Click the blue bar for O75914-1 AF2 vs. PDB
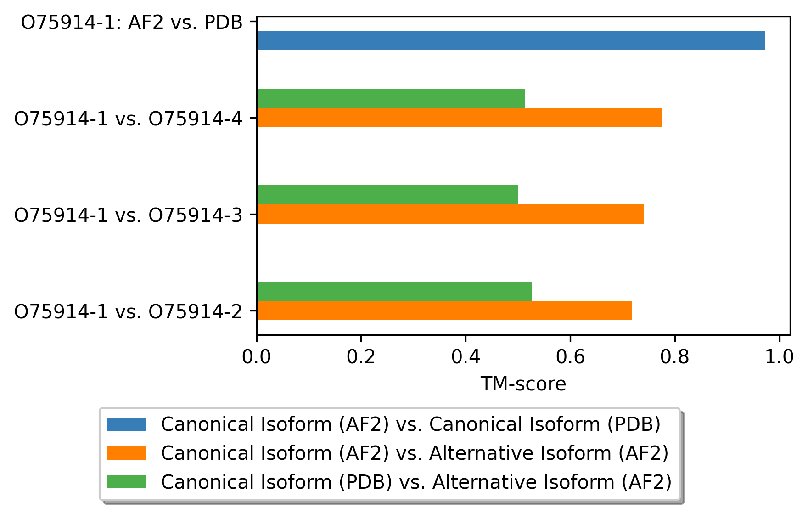511,40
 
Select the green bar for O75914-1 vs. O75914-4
391,98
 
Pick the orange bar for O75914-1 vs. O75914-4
459,118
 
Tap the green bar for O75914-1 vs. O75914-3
387,195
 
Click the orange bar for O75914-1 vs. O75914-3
450,214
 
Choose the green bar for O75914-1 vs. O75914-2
394,291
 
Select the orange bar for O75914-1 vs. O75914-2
444,311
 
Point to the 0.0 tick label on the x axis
257,357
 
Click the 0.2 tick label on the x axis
361,357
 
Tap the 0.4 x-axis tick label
466,357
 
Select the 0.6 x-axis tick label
570,357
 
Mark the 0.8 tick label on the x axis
675,357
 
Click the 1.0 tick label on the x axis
779,357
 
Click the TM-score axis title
523,384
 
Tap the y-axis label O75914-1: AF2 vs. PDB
132,23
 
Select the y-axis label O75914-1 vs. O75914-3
128,215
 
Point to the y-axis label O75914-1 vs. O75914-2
128,311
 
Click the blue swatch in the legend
126,424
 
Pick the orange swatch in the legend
126,453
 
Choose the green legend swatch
126,482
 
